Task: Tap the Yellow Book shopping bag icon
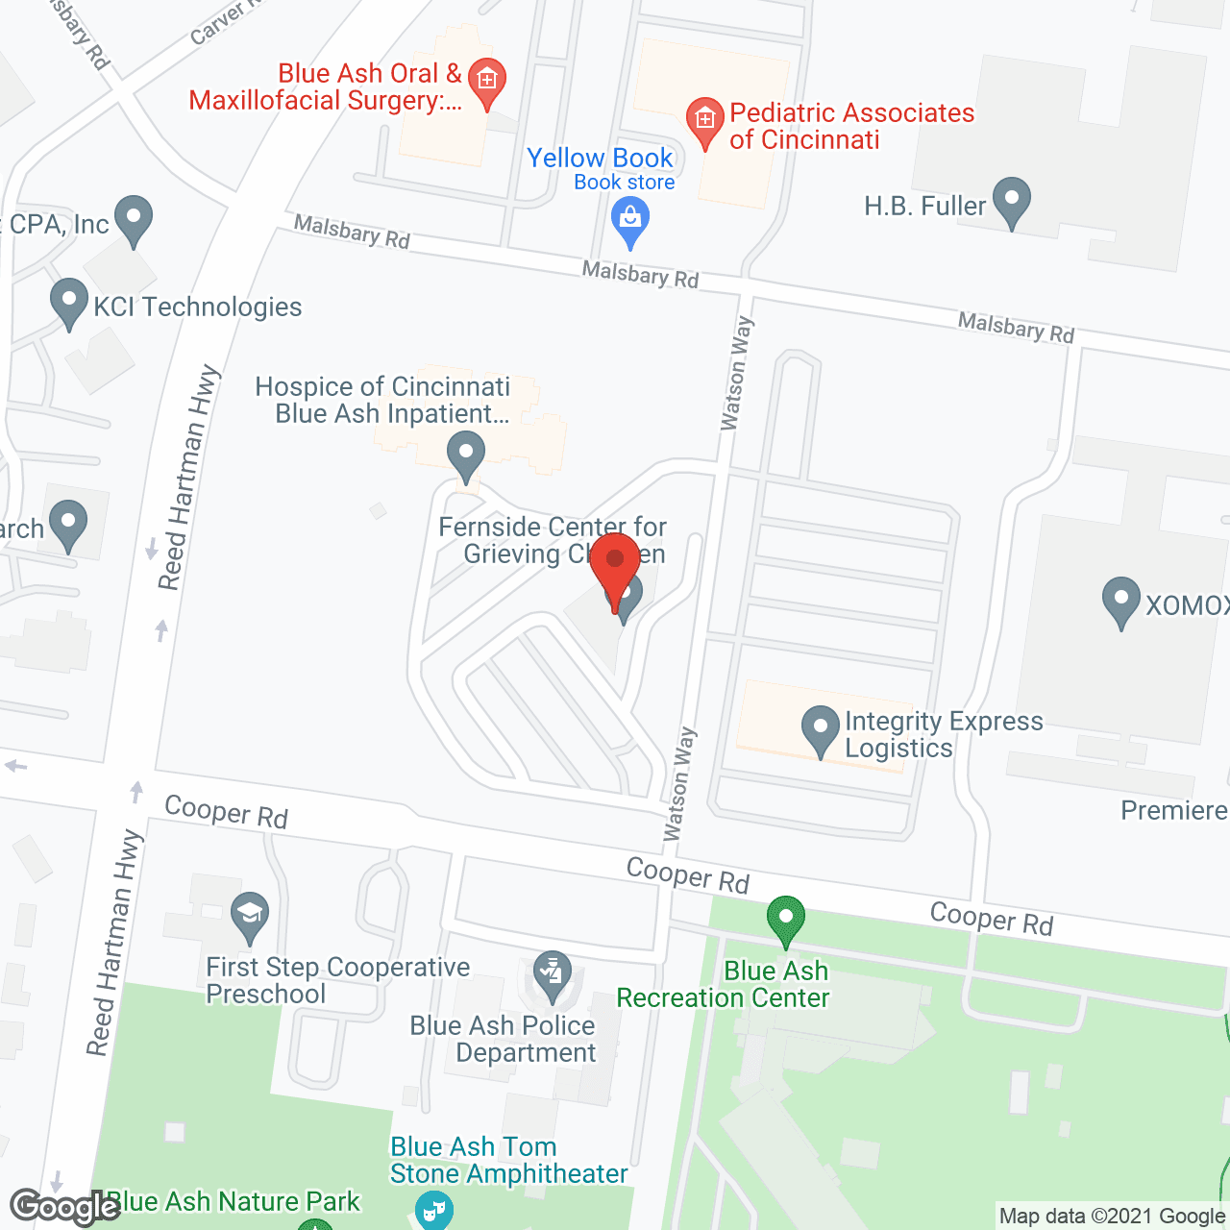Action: [630, 220]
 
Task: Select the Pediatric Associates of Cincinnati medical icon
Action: [704, 121]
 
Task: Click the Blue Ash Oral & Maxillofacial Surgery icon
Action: [487, 81]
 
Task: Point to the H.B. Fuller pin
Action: [1011, 201]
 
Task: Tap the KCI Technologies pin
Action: [68, 302]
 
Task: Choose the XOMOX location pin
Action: [1120, 601]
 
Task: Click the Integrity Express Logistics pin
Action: [821, 729]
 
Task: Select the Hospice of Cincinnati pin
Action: [466, 455]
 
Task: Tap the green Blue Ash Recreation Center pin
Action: [786, 920]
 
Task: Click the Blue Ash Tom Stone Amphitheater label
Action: [508, 1160]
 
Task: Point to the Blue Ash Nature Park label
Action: [233, 1201]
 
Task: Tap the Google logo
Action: [63, 1207]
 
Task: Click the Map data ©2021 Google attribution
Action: [1112, 1217]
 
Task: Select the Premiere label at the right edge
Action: [1173, 810]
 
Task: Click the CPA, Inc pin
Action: [134, 219]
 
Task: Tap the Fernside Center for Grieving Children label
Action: [552, 540]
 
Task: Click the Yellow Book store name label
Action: [600, 158]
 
